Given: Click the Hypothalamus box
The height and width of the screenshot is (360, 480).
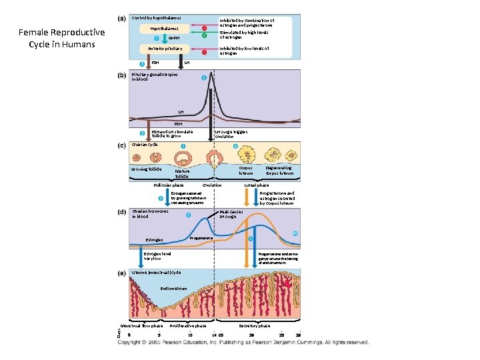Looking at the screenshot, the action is click(x=164, y=29).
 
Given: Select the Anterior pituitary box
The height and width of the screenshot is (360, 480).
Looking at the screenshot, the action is click(x=164, y=49).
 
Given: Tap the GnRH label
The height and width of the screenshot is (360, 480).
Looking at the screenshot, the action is click(x=174, y=39).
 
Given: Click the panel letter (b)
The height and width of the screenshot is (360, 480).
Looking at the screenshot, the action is click(x=122, y=76).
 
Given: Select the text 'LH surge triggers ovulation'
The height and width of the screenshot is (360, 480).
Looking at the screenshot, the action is click(x=231, y=134).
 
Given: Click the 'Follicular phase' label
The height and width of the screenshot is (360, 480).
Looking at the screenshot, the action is click(x=169, y=185).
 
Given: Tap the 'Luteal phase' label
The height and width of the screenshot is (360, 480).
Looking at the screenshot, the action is click(x=257, y=185).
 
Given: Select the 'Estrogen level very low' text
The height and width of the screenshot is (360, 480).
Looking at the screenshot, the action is click(x=157, y=256).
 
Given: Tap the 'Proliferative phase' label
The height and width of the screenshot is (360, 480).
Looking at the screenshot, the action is click(x=188, y=326).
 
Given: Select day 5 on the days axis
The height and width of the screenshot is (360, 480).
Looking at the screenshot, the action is click(x=159, y=334).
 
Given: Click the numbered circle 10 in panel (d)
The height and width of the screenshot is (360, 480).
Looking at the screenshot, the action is click(x=295, y=233).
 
